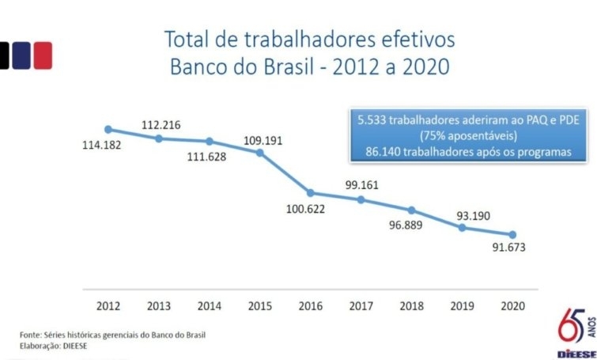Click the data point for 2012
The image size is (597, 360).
coord(108,130)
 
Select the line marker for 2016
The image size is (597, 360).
coord(311,193)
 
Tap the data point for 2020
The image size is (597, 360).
coord(512,234)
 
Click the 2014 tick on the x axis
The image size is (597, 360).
coord(210,305)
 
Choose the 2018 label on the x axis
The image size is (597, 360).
coord(412,305)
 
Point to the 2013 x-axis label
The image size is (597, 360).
coord(159,305)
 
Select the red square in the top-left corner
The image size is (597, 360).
coord(42,55)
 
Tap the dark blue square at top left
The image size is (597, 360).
coord(21,55)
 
